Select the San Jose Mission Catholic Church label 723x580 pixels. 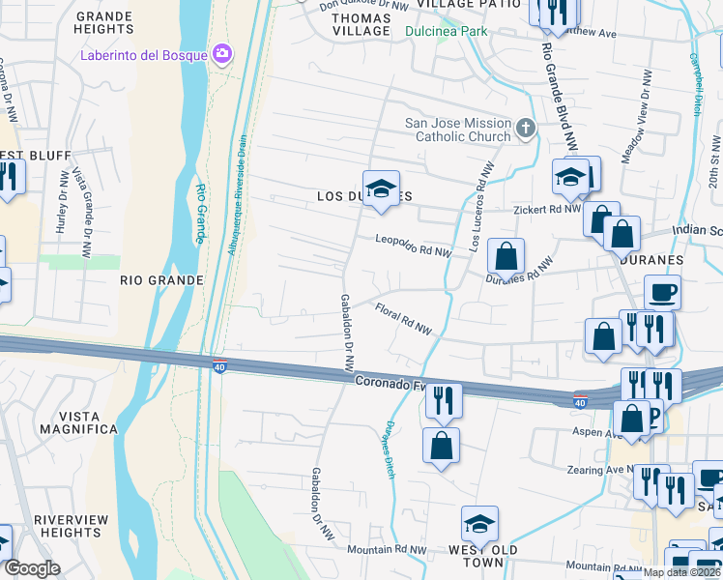click(458, 130)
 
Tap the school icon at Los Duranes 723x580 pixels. click(381, 187)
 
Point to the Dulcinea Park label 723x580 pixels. click(446, 31)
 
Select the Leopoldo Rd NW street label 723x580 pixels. click(413, 246)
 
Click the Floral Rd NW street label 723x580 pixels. click(403, 318)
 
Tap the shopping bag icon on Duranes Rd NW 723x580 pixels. click(506, 257)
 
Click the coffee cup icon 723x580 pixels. click(662, 291)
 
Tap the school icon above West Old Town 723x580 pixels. click(478, 523)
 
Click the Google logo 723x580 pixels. click(31, 568)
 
